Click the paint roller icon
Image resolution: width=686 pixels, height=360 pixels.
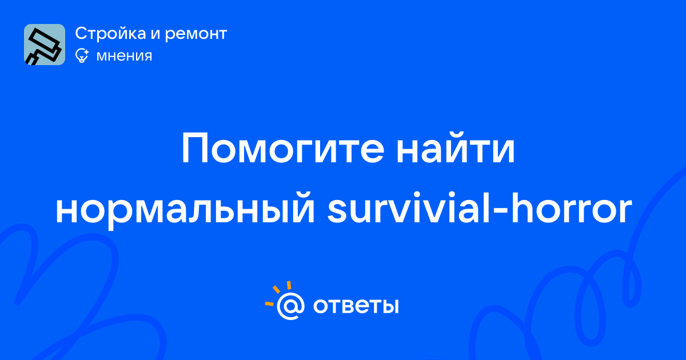point(45,45)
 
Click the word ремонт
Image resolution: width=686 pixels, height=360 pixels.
point(196,34)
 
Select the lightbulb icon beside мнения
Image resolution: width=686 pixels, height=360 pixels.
point(82,55)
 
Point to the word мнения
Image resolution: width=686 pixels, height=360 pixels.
point(124,57)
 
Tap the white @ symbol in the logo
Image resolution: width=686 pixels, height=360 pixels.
point(290,306)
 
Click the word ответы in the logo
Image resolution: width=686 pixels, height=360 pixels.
point(356,306)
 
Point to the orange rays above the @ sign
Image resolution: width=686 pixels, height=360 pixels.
point(278,293)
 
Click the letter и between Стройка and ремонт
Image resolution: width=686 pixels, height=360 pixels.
point(155,34)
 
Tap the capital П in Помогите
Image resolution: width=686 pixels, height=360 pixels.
point(194,149)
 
